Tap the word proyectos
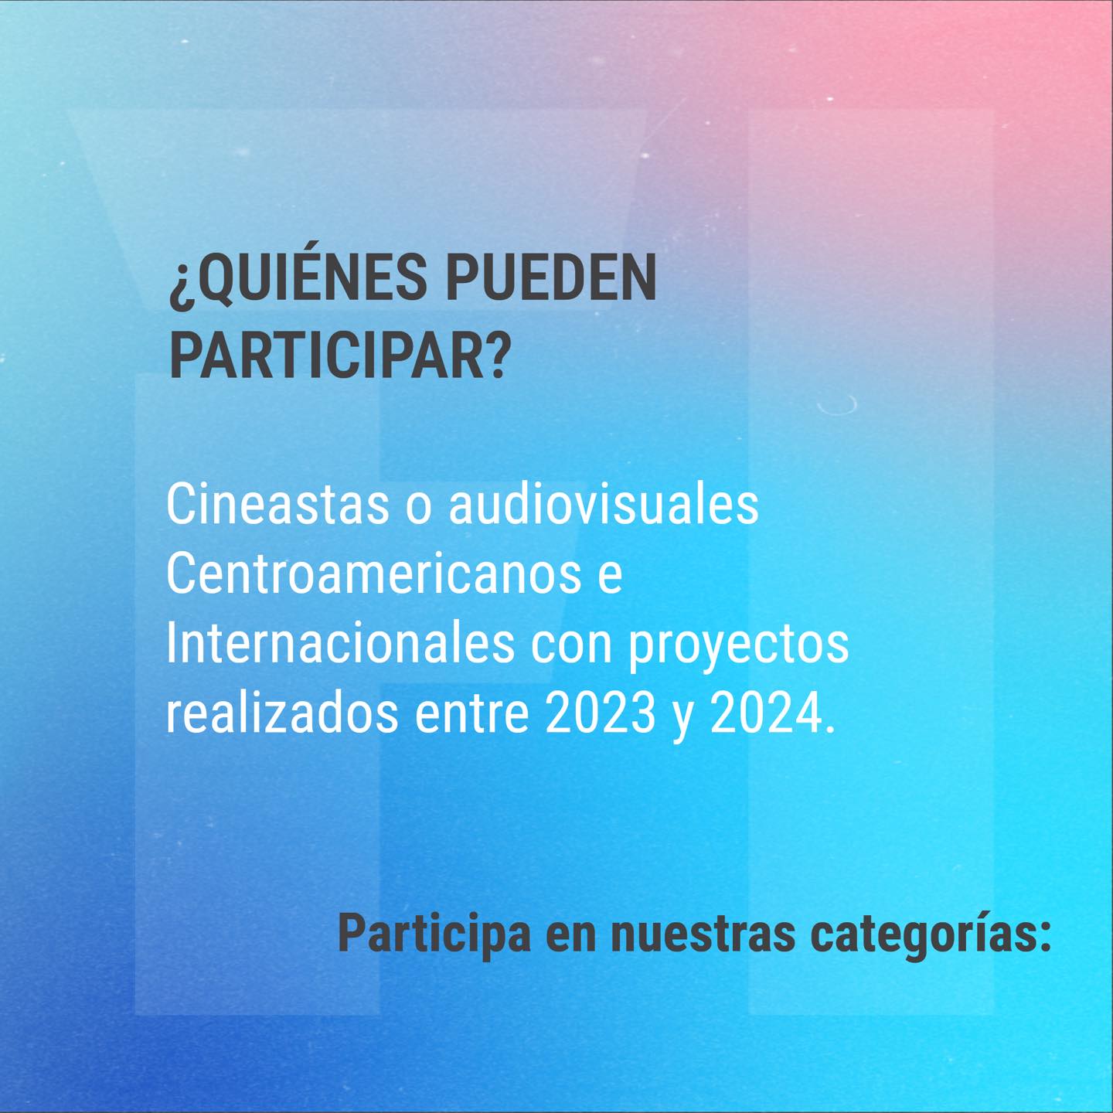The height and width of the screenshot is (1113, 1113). point(739,648)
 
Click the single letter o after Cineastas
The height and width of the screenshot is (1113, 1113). point(418,508)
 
